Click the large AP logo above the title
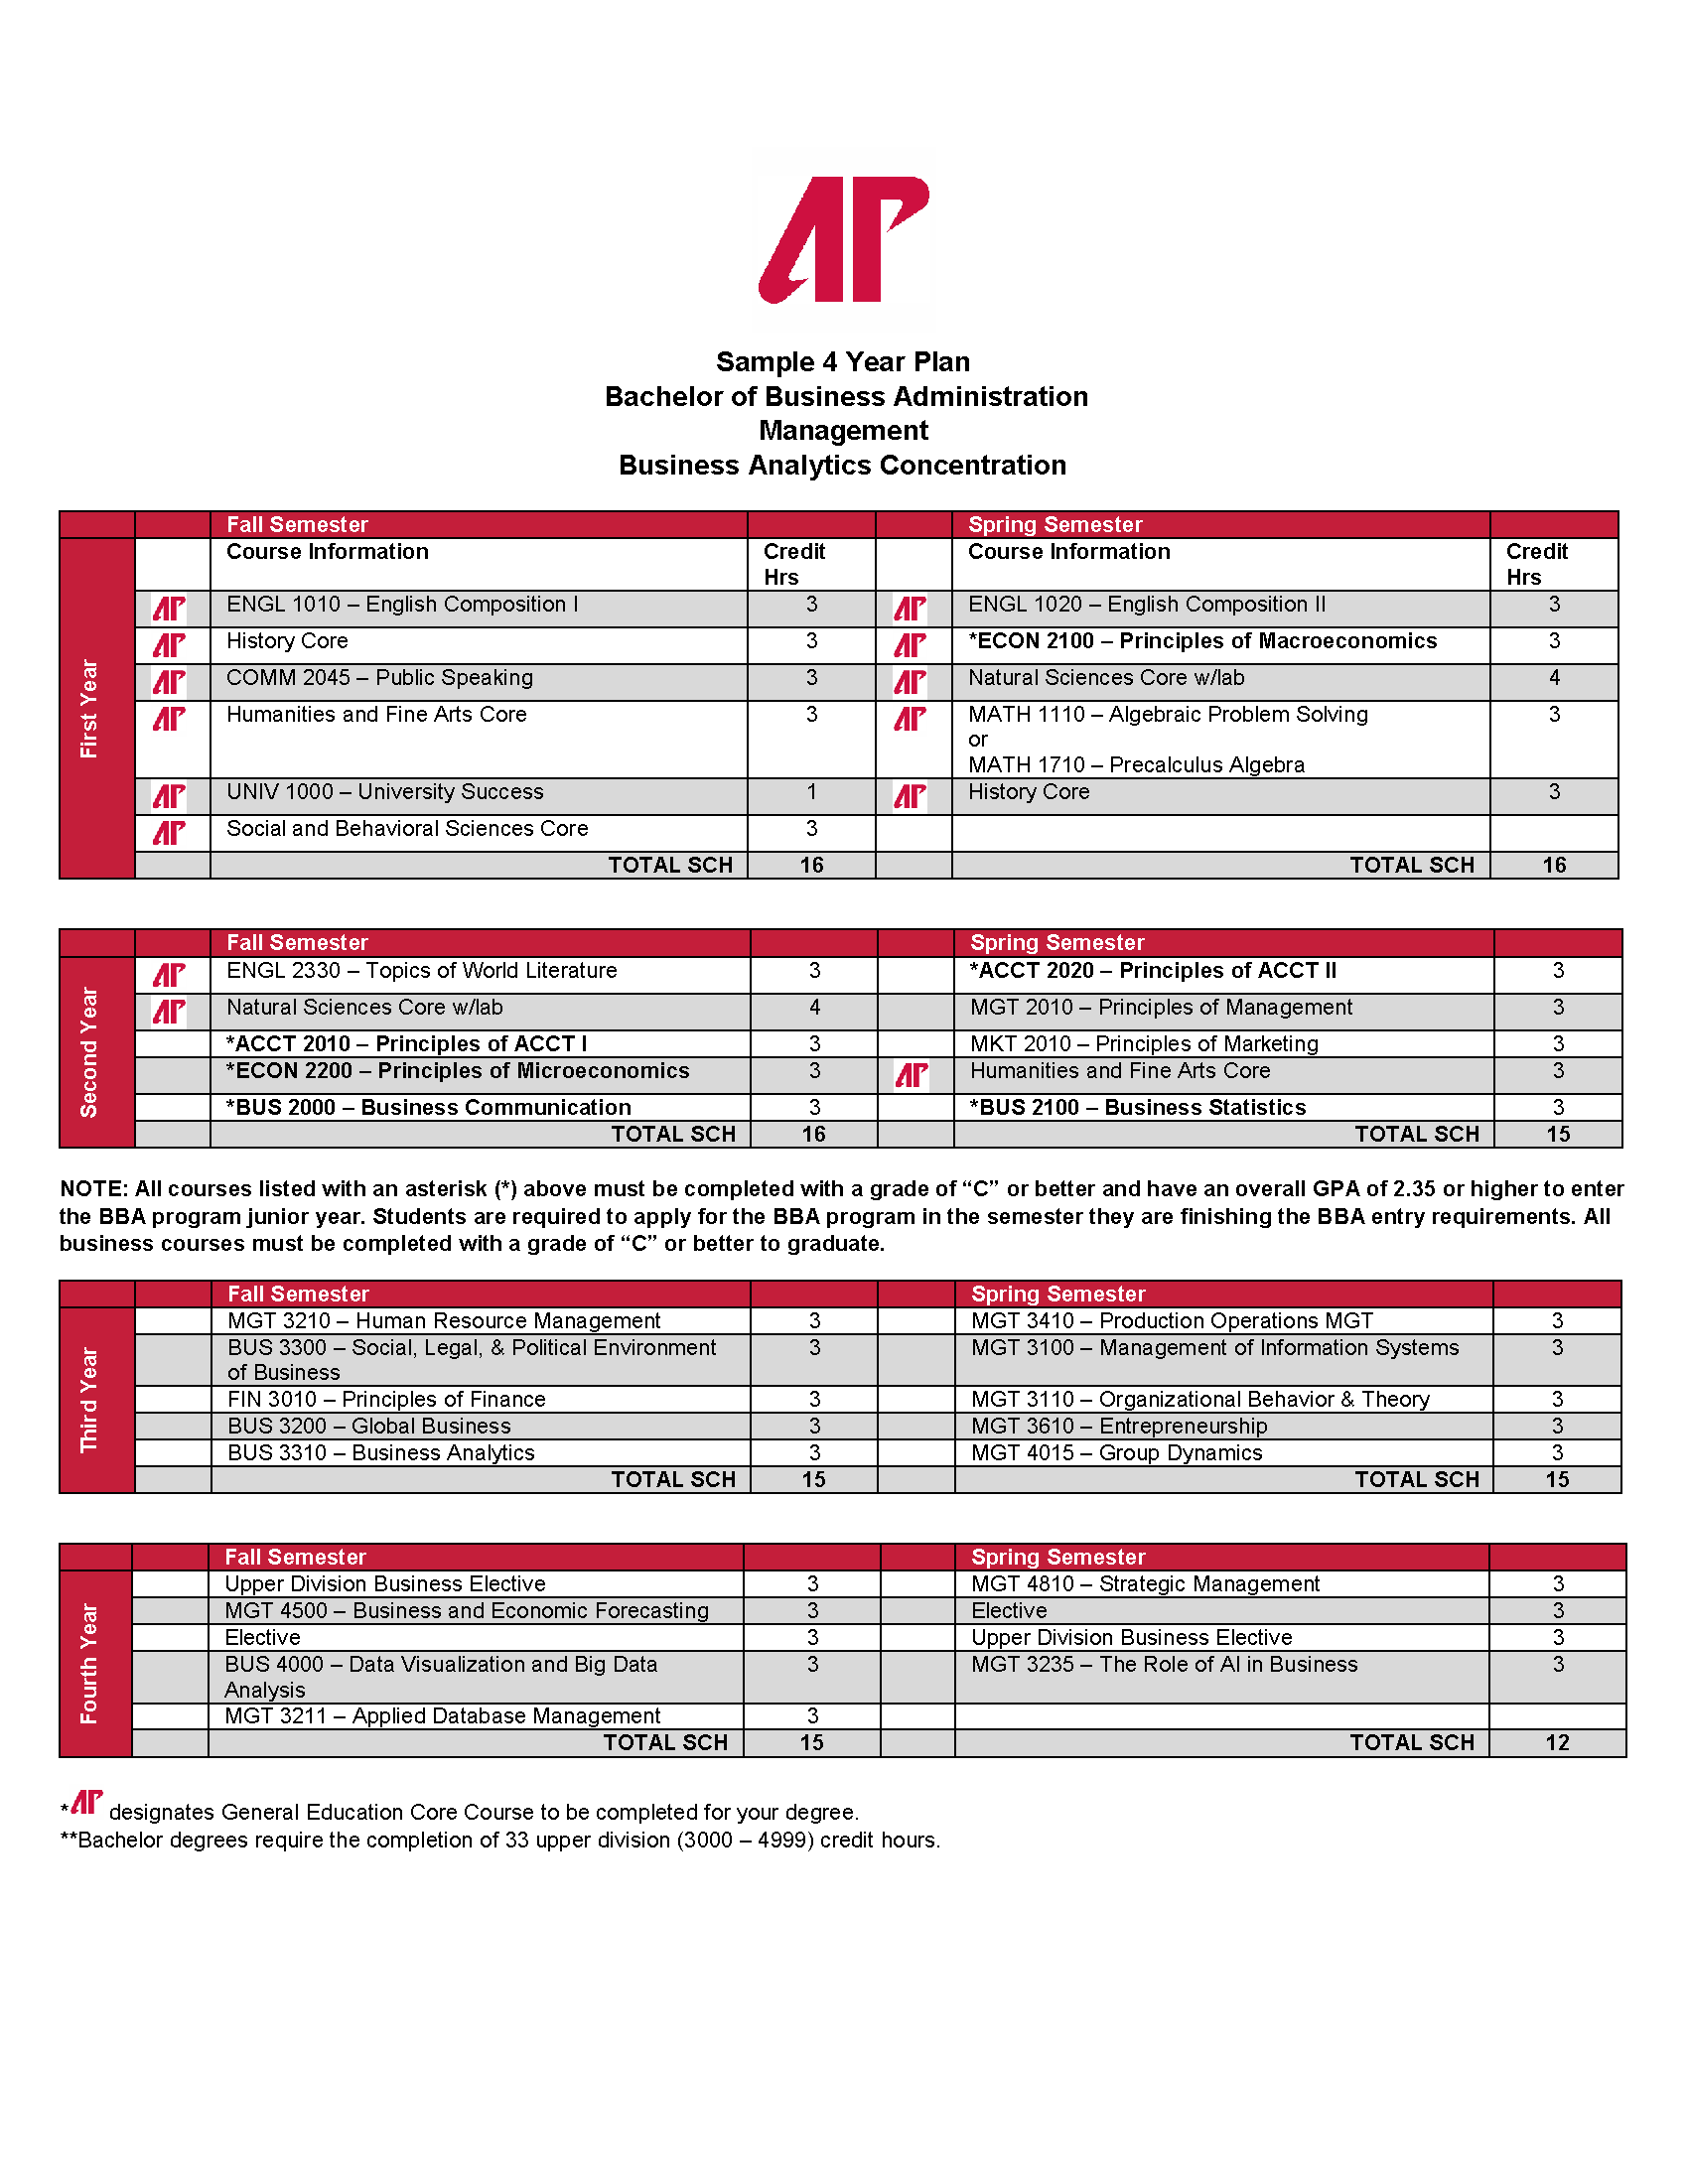coord(843,240)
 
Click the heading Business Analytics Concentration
coord(842,465)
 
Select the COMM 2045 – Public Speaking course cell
coord(379,678)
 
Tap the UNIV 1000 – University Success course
coord(385,792)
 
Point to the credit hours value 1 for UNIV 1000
coord(811,792)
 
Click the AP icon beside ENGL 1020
coord(910,608)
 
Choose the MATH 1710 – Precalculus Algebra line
coord(1136,765)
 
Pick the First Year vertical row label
coord(90,708)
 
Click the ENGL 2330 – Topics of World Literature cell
coord(421,971)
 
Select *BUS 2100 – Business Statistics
coord(1137,1107)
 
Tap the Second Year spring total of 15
coord(1557,1134)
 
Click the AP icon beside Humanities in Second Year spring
coord(911,1075)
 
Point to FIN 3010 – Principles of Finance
coord(386,1399)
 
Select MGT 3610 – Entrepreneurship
coord(1119,1426)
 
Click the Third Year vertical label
coord(90,1399)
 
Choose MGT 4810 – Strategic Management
coord(1145,1584)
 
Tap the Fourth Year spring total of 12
coord(1557,1743)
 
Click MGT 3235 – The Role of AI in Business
coord(1164,1664)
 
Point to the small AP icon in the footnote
coord(87,1802)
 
